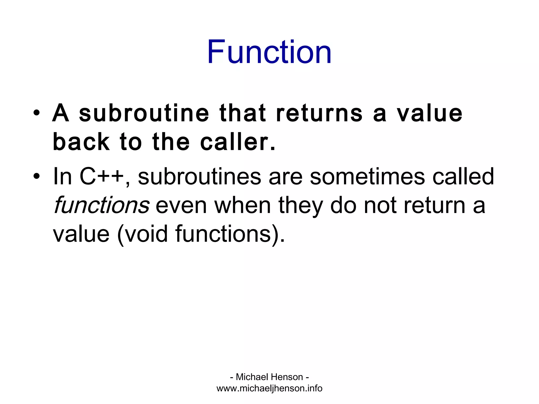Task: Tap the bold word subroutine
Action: click(144, 113)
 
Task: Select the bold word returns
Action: click(319, 113)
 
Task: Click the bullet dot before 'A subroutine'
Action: click(37, 113)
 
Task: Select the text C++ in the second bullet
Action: click(102, 176)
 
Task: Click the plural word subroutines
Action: click(199, 176)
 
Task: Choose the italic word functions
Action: click(101, 205)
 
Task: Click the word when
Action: click(242, 205)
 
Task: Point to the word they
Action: click(300, 205)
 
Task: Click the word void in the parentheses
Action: click(146, 234)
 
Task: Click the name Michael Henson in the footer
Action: click(269, 377)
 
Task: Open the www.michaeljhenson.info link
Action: click(269, 388)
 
